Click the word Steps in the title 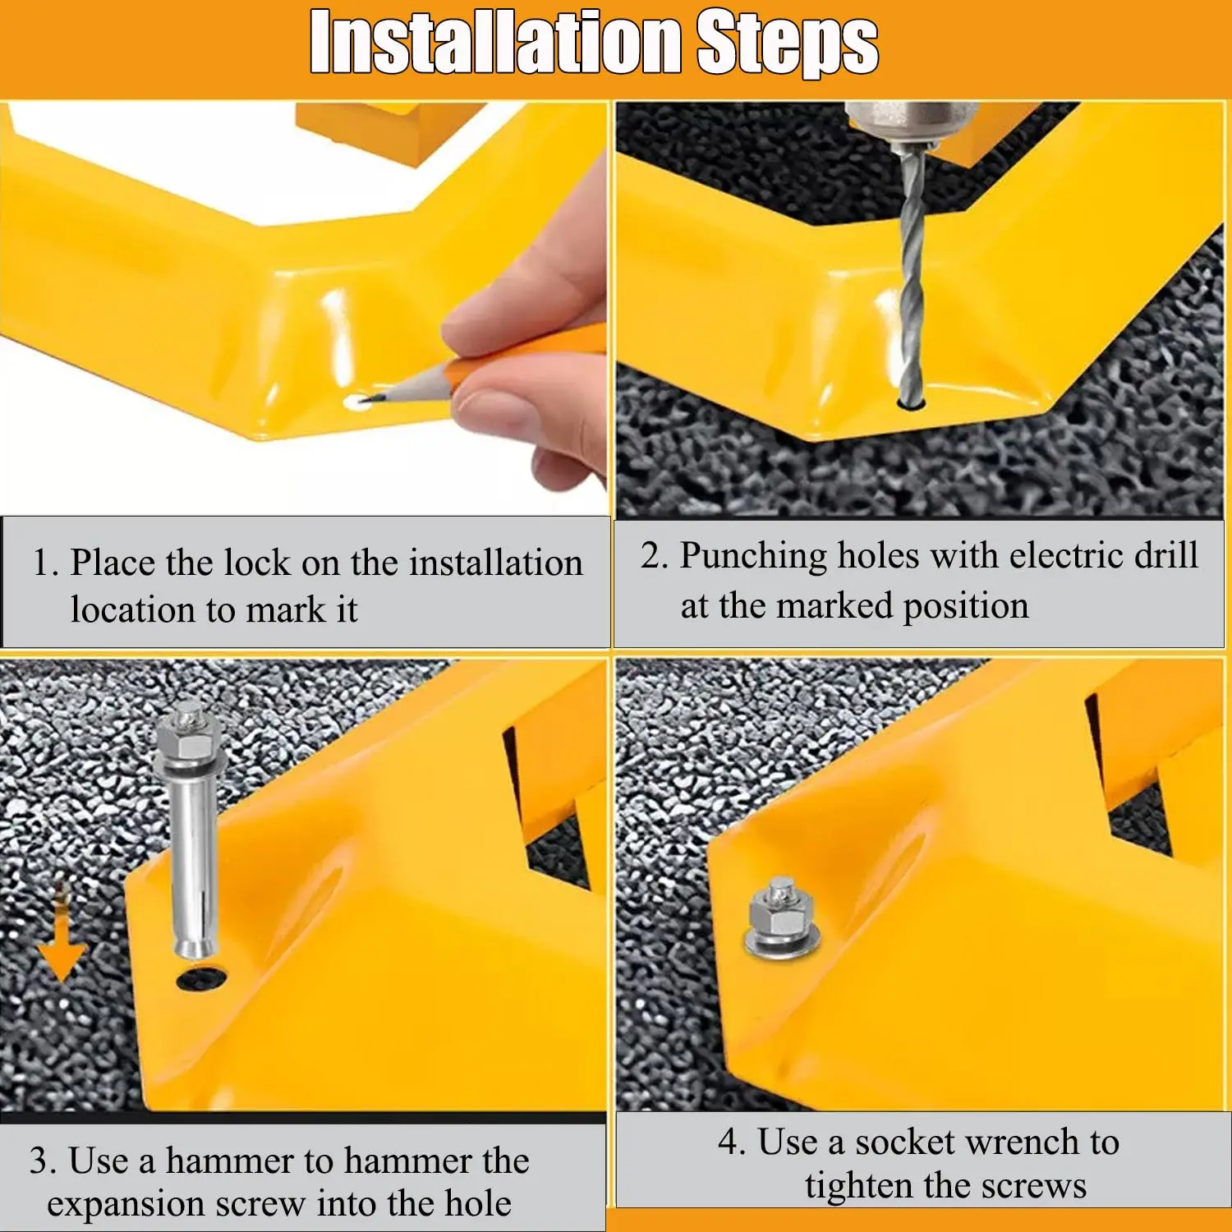coord(788,43)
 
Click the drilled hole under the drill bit coord(912,403)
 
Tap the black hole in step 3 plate coord(202,979)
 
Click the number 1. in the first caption coord(46,563)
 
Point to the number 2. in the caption coord(655,556)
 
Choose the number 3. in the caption coord(43,1161)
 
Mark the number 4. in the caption coord(732,1142)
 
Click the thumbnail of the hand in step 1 coord(526,361)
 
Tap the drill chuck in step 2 coord(912,123)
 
